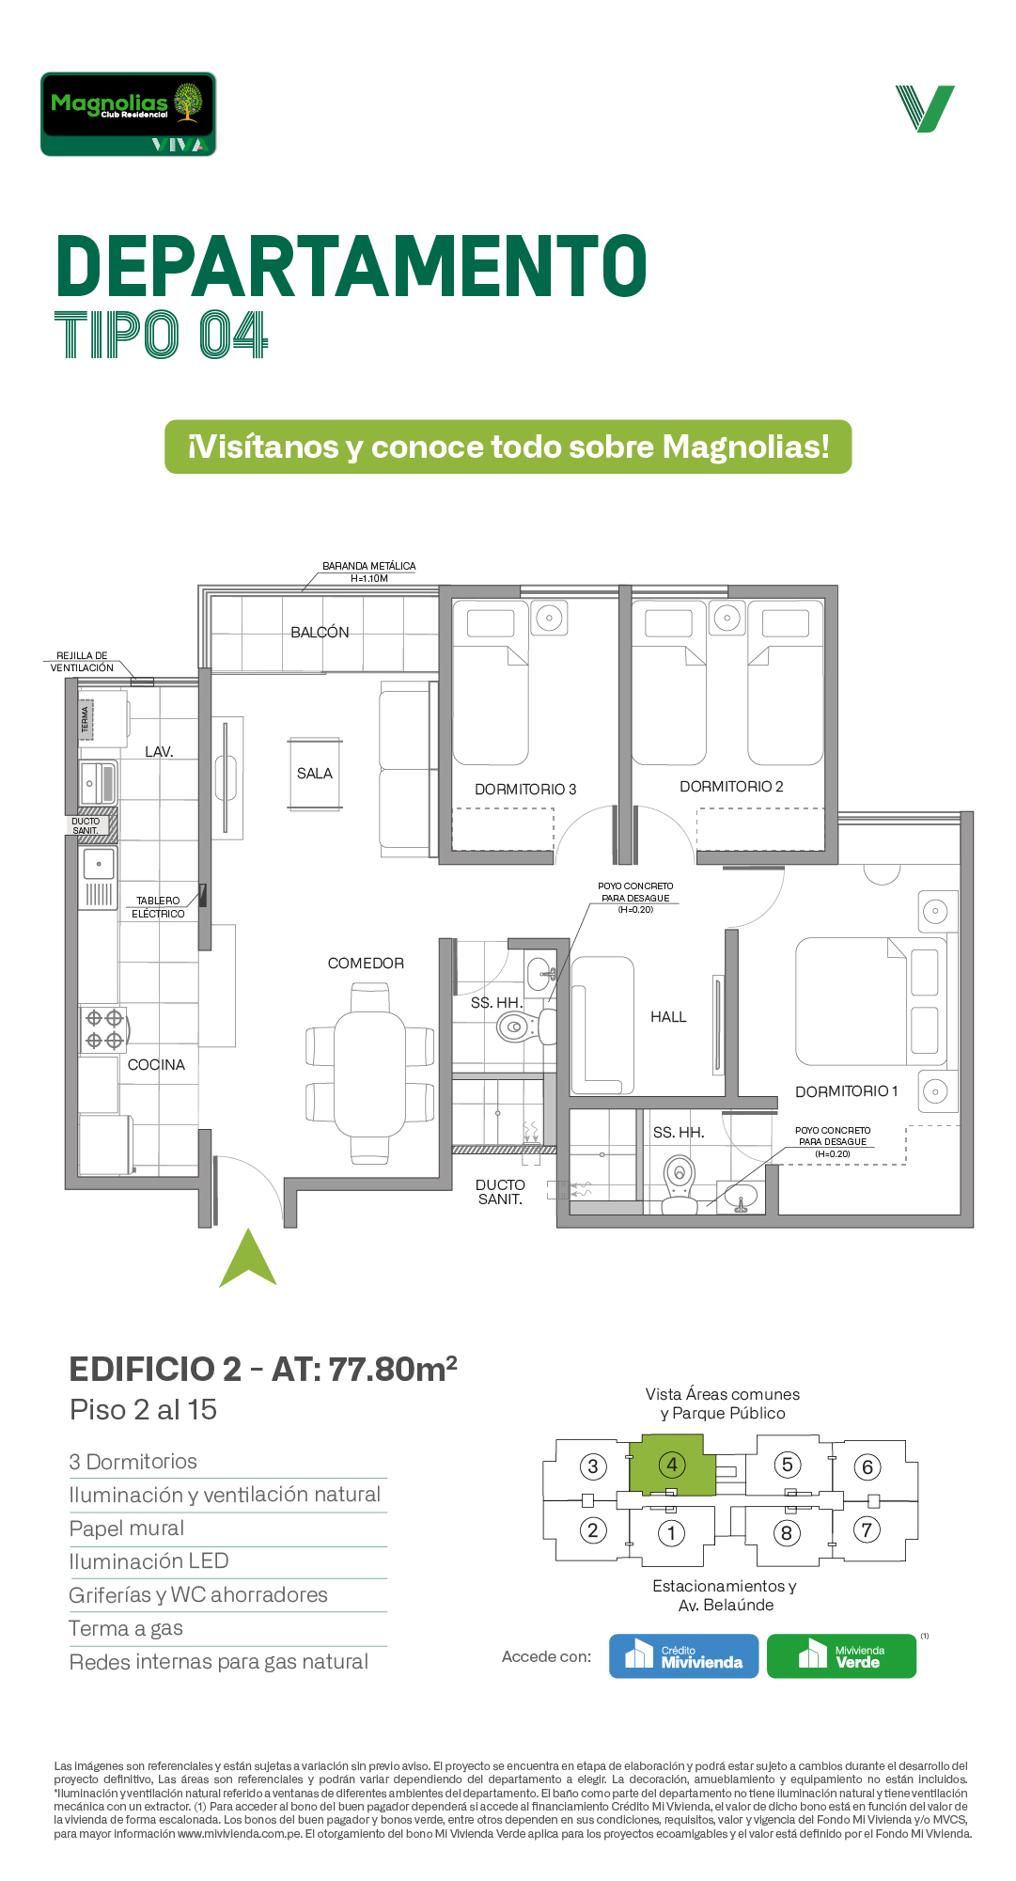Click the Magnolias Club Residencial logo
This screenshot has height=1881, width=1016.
pos(128,114)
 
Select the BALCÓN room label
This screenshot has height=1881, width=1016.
pos(320,633)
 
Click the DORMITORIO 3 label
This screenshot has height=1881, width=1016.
pos(525,790)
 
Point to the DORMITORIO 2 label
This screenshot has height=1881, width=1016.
pos(731,787)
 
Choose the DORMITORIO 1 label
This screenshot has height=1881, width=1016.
pos(847,1091)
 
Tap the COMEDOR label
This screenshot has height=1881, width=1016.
pos(366,964)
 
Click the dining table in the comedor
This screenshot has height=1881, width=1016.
pos(370,1074)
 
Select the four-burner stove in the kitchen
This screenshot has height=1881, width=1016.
pos(103,1028)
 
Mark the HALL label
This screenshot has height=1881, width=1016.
pos(668,1017)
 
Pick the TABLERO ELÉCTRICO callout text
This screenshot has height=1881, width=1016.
pos(158,907)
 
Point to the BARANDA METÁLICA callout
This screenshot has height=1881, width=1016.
pos(369,572)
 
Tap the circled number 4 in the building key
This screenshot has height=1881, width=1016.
pos(672,1465)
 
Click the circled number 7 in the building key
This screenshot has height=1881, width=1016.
pos(867,1529)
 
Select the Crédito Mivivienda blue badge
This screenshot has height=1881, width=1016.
pos(683,1656)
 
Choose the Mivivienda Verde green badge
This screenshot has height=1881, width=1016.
pos(841,1656)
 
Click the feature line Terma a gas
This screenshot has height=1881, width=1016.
pos(126,1629)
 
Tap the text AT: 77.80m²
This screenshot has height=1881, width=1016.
pos(365,1369)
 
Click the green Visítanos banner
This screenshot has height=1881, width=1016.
pos(508,447)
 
